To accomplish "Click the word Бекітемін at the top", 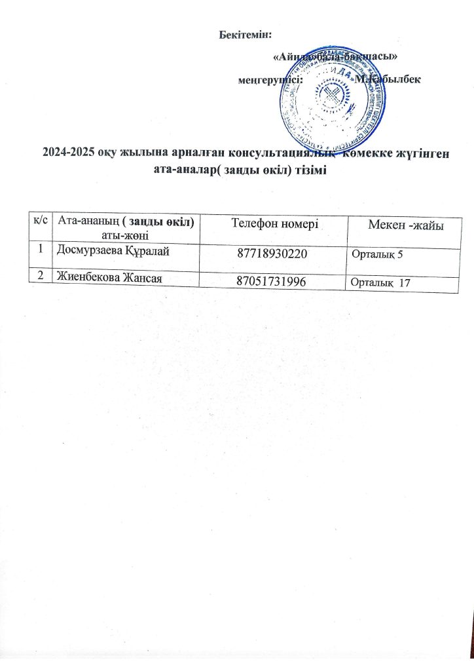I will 245,34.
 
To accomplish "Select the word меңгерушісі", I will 270,79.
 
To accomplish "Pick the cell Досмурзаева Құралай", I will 108,249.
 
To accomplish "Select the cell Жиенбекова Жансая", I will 109,278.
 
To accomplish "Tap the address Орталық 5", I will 377,254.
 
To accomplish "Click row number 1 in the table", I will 41,248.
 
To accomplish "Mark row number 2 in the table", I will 41,277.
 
